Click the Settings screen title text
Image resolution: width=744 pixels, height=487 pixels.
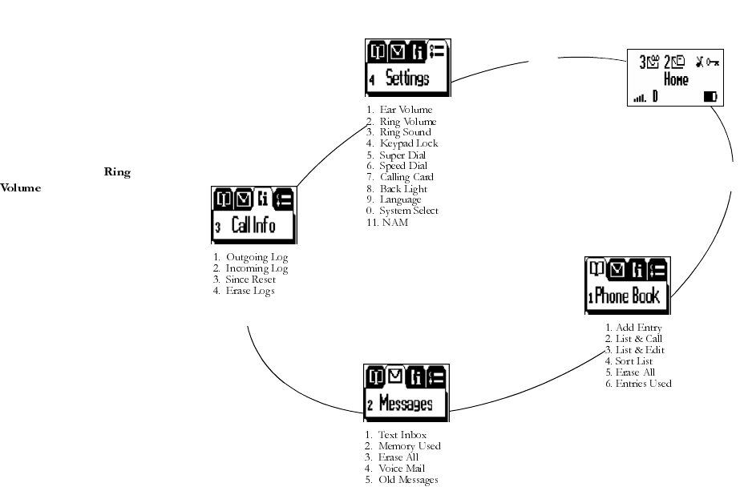click(407, 78)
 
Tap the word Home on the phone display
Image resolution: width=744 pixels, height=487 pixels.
click(676, 80)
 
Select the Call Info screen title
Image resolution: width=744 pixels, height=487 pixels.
click(253, 225)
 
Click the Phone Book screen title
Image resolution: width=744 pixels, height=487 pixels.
click(626, 296)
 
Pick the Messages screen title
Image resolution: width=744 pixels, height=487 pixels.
click(406, 403)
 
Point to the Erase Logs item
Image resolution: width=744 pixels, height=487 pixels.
click(250, 291)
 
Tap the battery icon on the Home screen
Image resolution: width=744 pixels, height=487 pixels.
click(710, 97)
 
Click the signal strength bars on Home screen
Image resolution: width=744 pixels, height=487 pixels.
click(639, 98)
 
